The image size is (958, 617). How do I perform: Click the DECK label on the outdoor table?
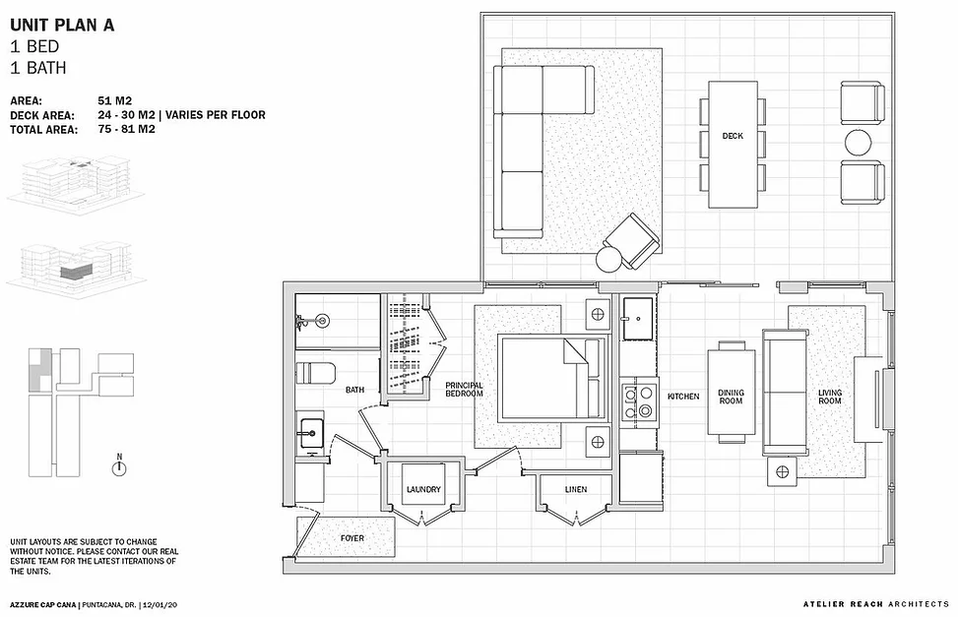(x=733, y=136)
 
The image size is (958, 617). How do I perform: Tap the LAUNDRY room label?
(x=423, y=489)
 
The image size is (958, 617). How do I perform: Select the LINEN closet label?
(x=576, y=489)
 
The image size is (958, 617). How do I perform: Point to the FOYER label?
(x=351, y=538)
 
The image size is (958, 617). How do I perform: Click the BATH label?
(x=355, y=390)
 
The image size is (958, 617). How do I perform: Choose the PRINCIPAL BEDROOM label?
(x=465, y=390)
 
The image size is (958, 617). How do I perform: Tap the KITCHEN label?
(x=683, y=397)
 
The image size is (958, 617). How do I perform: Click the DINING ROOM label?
(x=731, y=397)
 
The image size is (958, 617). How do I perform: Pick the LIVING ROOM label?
(x=830, y=397)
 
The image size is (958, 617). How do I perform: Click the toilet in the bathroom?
(x=316, y=373)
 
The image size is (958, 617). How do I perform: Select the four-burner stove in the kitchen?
(x=638, y=401)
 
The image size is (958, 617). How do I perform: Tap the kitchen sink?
(x=638, y=318)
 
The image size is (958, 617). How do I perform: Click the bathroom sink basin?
(x=310, y=433)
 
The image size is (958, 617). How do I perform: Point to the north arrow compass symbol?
(x=119, y=468)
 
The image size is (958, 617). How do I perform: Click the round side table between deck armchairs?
(x=859, y=143)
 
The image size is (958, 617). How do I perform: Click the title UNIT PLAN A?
(x=62, y=25)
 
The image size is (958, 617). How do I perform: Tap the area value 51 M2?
(x=114, y=100)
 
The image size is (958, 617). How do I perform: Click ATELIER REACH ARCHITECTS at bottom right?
(x=876, y=604)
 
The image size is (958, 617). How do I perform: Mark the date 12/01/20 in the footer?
(x=160, y=605)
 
